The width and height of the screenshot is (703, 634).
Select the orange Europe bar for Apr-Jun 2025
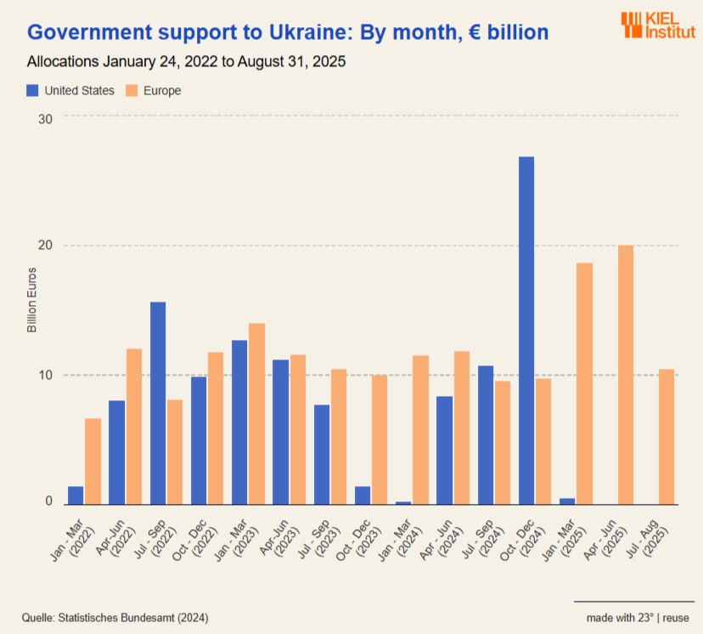[x=626, y=374]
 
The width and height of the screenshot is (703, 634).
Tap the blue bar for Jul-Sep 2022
[x=158, y=403]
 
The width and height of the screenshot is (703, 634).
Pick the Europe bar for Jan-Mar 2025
[x=584, y=383]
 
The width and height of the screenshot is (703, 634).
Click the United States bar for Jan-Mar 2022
[x=76, y=495]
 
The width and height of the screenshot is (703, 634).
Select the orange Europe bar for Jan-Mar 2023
[x=256, y=413]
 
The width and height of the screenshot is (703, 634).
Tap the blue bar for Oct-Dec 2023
[x=363, y=495]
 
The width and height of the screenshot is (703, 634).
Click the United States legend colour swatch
[x=33, y=91]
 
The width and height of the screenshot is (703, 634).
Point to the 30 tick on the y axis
[x=46, y=118]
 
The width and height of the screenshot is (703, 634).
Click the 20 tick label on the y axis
[x=46, y=246]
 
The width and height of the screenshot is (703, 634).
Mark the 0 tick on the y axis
[x=49, y=501]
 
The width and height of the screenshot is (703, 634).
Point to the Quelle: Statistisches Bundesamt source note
[x=115, y=617]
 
